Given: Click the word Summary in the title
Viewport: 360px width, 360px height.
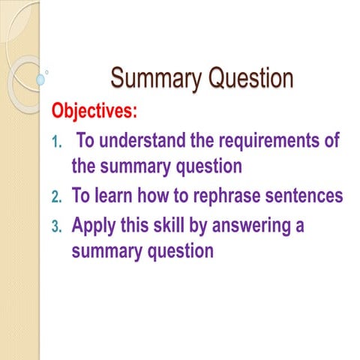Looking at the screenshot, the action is click(x=156, y=79).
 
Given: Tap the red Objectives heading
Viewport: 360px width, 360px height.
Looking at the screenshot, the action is click(x=94, y=110).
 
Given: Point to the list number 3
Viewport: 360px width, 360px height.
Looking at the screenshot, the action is click(x=56, y=227).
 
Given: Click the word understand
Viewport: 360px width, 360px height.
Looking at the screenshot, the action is click(x=142, y=140).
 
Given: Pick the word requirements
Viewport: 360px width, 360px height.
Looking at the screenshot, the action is click(x=269, y=142).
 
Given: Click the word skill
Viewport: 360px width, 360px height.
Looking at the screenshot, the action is click(x=169, y=224).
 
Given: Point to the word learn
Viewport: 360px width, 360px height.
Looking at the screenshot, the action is click(x=113, y=195).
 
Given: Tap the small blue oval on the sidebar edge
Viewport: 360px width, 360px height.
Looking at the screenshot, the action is click(x=40, y=79).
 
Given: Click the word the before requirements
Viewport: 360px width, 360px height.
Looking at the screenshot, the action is click(x=202, y=140).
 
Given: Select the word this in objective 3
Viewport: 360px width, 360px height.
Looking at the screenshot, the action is click(x=135, y=224).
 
